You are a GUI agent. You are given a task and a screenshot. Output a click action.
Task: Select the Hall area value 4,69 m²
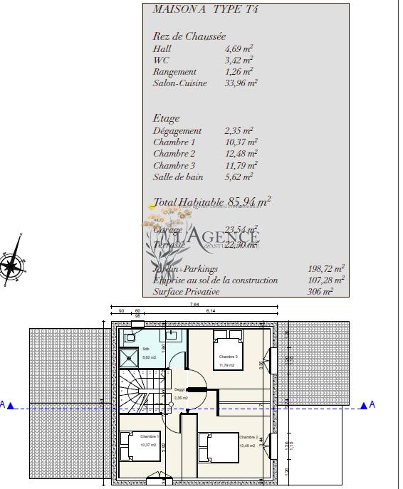[239, 49]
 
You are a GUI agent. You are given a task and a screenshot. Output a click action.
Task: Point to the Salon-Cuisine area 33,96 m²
[241, 83]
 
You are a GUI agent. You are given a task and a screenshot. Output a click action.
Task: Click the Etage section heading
[167, 118]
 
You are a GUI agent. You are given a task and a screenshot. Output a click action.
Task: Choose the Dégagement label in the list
[177, 131]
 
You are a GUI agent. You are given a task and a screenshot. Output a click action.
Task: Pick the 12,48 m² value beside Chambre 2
[239, 154]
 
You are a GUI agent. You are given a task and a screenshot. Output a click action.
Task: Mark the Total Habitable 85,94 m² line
[212, 203]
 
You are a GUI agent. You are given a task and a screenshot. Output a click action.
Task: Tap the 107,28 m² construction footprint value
[324, 280]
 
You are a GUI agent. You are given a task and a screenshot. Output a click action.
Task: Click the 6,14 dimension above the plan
[210, 312]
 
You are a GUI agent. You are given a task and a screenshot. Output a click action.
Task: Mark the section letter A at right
[372, 405]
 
